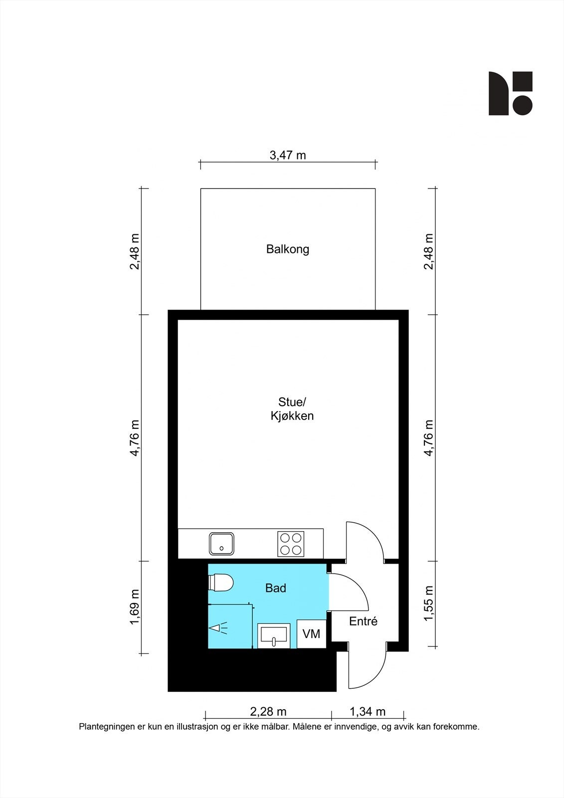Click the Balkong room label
(288, 249)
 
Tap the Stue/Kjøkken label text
(292, 409)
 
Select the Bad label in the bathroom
(275, 589)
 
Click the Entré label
(363, 621)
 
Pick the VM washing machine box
(311, 634)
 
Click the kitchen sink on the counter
(222, 544)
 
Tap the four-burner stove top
(291, 544)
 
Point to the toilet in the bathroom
(221, 583)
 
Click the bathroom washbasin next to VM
(274, 635)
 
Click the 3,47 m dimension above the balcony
(288, 155)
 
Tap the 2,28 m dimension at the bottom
(268, 712)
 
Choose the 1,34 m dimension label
(368, 712)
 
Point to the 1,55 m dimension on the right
(429, 603)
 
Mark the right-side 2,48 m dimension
(429, 251)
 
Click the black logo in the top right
(510, 93)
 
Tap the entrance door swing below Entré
(368, 666)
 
